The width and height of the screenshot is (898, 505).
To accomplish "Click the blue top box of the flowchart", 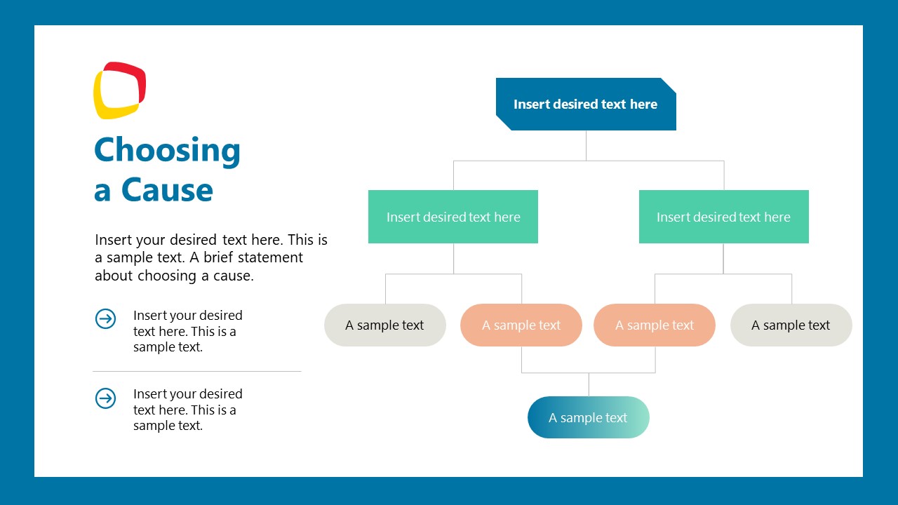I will pyautogui.click(x=586, y=104).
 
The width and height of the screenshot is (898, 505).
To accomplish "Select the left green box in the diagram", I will pyautogui.click(x=453, y=217).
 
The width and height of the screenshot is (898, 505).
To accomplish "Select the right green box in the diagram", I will pyautogui.click(x=723, y=217).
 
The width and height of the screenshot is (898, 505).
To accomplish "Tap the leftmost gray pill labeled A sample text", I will pyautogui.click(x=384, y=325).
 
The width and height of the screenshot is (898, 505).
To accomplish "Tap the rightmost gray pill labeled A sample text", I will pyautogui.click(x=791, y=325).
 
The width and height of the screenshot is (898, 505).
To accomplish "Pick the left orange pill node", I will pyautogui.click(x=521, y=325).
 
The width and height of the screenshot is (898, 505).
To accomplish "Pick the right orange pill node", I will pyautogui.click(x=654, y=325).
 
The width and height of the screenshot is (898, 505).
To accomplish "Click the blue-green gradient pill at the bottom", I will pyautogui.click(x=588, y=417).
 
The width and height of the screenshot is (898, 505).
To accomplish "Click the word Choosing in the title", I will pyautogui.click(x=167, y=150).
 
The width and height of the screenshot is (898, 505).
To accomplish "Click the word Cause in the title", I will pyautogui.click(x=167, y=190).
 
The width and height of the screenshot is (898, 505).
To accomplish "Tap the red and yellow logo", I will pyautogui.click(x=119, y=90).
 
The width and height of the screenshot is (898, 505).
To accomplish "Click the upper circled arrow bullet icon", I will pyautogui.click(x=105, y=319).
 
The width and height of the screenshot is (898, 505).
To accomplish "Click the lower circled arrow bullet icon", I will pyautogui.click(x=105, y=398).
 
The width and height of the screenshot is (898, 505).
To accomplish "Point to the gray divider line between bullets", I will pyautogui.click(x=196, y=371).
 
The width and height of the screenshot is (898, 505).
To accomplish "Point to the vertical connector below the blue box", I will pyautogui.click(x=587, y=145).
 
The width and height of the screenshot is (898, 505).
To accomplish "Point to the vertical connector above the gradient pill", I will pyautogui.click(x=589, y=384).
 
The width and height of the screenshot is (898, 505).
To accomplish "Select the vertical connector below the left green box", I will pyautogui.click(x=453, y=258).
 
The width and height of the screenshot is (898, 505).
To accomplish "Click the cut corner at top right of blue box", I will pyautogui.click(x=669, y=85).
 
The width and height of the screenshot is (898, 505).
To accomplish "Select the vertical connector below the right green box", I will pyautogui.click(x=723, y=258).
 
